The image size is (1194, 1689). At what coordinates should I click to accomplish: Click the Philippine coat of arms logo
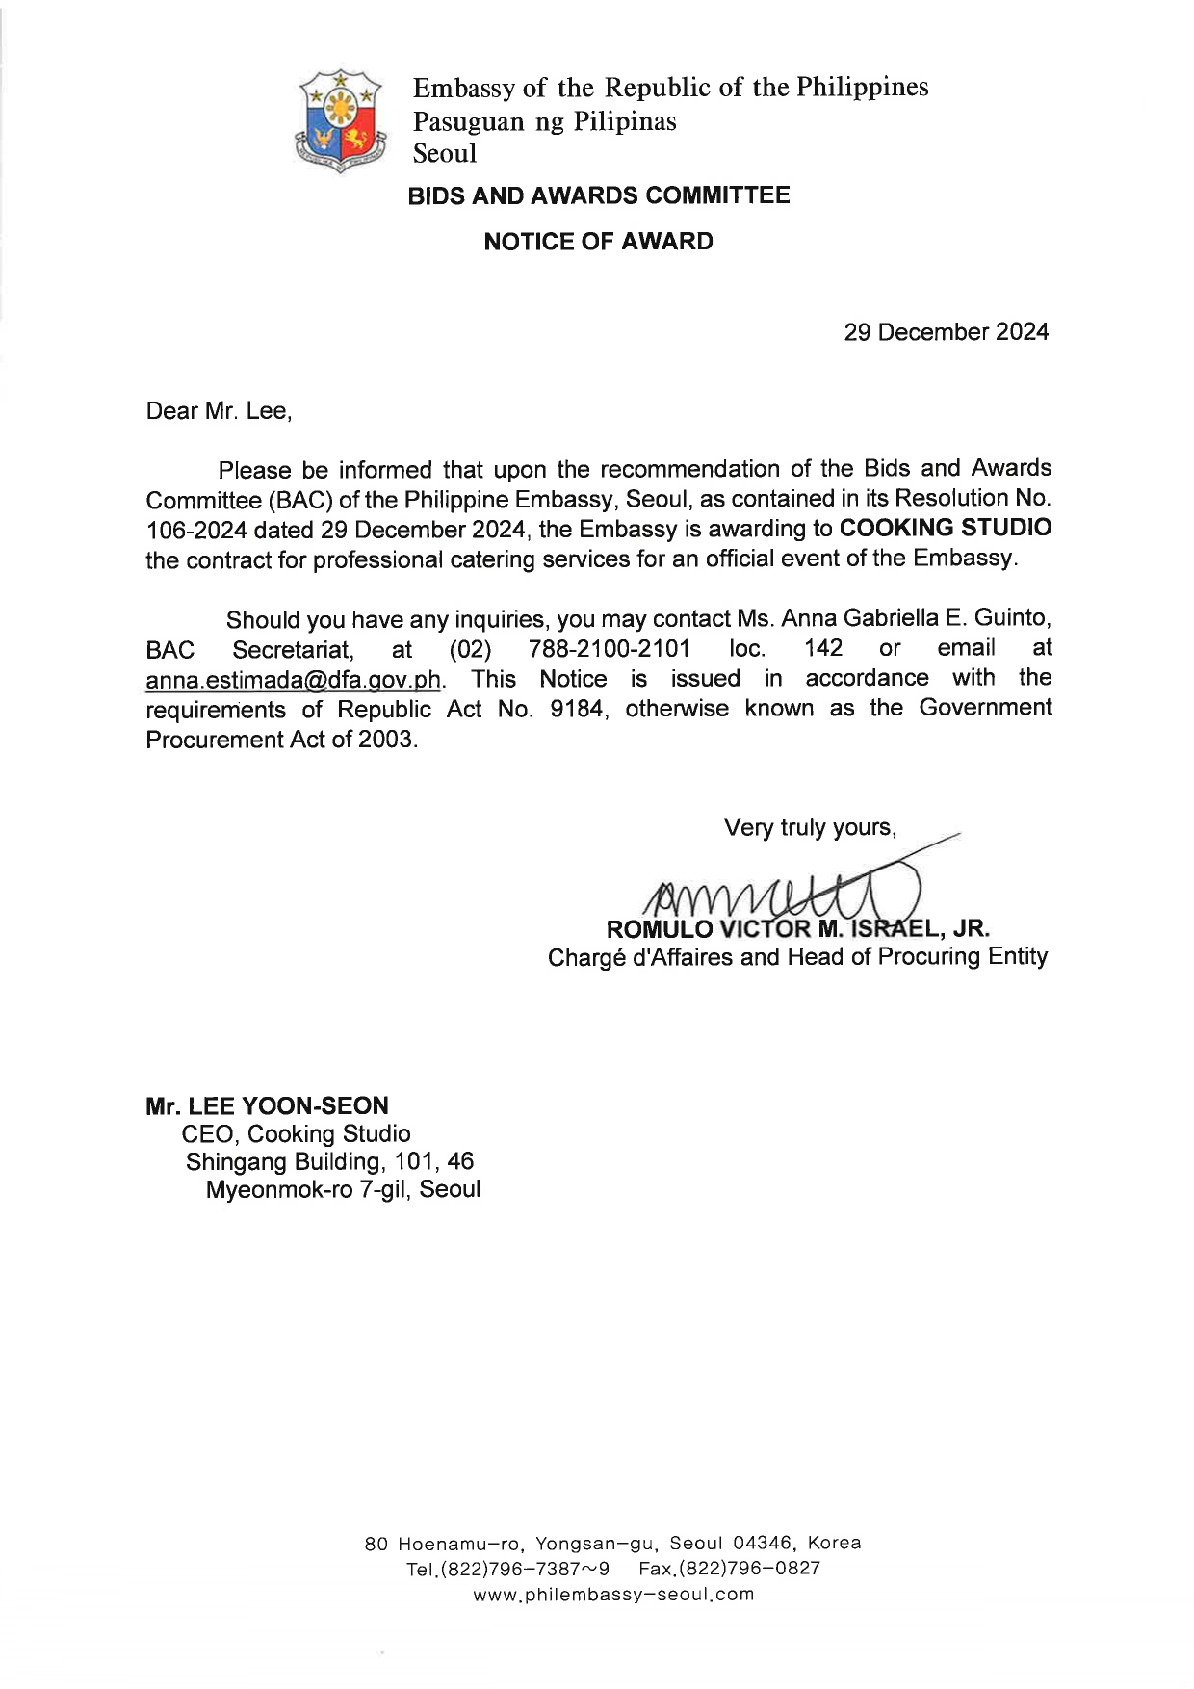coord(340,120)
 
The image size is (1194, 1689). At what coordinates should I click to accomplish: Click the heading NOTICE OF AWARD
coord(598,242)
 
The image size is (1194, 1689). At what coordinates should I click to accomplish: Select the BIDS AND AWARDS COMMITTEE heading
coord(598,195)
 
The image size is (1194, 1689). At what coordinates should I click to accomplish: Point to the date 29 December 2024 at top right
coord(946,332)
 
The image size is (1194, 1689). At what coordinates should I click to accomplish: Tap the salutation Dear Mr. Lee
coord(219,411)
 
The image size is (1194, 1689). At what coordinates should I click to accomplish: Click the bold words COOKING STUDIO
coord(945,528)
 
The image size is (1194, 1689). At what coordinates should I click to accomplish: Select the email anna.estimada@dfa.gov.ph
coord(293,680)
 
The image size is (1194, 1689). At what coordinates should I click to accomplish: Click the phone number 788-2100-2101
coord(609,649)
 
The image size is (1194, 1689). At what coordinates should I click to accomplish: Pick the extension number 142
coord(823,648)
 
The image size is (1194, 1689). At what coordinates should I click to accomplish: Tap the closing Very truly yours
coord(810,828)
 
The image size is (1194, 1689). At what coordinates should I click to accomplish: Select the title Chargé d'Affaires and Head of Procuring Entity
coord(797,957)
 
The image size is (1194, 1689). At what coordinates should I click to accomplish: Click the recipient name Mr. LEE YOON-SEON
coord(267,1105)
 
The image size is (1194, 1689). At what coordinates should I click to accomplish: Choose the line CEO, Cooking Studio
coord(296,1133)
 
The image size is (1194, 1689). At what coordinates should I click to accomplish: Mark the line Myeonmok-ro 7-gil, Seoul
coord(343,1189)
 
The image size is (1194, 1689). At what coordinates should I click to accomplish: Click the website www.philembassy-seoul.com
coord(613,1594)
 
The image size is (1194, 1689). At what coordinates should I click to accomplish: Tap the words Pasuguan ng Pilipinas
coord(544,122)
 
